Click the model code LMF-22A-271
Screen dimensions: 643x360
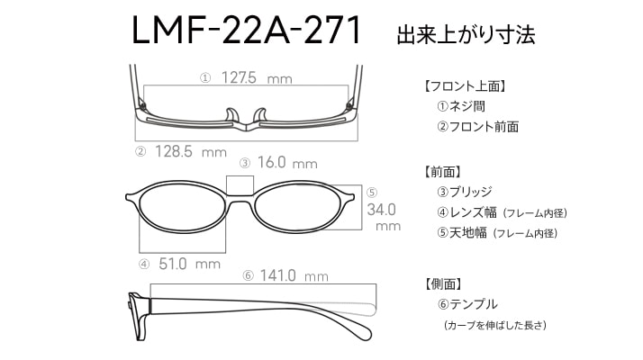pyautogui.click(x=246, y=30)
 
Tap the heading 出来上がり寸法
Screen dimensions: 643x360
pyautogui.click(x=466, y=34)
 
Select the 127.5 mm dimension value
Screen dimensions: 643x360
pyautogui.click(x=257, y=77)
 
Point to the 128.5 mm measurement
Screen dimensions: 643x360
pyautogui.click(x=191, y=152)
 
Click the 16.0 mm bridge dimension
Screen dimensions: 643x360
pyautogui.click(x=287, y=163)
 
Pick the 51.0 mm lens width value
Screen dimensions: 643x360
pyautogui.click(x=189, y=264)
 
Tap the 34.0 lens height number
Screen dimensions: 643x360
pyautogui.click(x=381, y=210)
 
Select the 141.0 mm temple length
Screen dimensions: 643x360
pyautogui.click(x=294, y=275)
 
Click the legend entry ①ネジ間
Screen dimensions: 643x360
pyautogui.click(x=461, y=106)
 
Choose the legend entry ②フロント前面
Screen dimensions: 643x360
pyautogui.click(x=477, y=127)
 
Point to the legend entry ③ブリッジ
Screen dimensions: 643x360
pyautogui.click(x=464, y=192)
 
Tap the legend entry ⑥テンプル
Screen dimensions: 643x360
pyautogui.click(x=467, y=304)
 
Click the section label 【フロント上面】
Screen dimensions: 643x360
pyautogui.click(x=465, y=86)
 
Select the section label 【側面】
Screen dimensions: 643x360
pyautogui.click(x=443, y=283)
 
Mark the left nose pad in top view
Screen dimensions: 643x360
pyautogui.click(x=231, y=115)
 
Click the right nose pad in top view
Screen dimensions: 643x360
pyautogui.click(x=259, y=115)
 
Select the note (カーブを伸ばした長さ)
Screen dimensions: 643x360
pyautogui.click(x=495, y=326)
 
